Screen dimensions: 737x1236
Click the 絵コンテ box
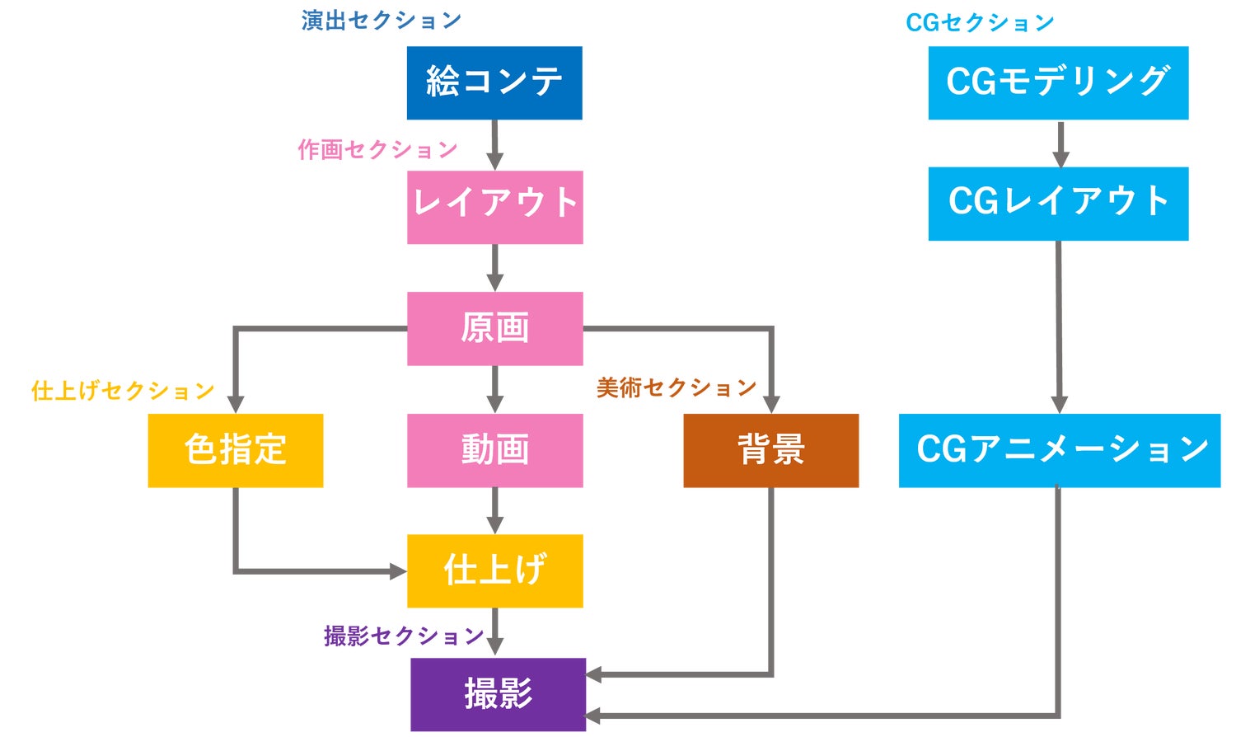coord(494,82)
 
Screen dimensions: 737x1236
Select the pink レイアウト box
coord(494,207)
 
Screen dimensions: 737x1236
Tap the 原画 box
coord(494,328)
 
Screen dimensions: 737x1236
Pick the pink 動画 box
coord(494,450)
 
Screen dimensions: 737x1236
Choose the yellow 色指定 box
coord(236,450)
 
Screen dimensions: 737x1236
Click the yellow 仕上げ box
coord(494,570)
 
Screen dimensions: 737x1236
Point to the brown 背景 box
coord(770,450)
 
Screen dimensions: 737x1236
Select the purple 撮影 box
coord(498,694)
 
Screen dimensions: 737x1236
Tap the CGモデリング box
coord(1058,82)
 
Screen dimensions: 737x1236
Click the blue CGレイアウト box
coord(1058,204)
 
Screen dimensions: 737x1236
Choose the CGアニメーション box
coord(1059,450)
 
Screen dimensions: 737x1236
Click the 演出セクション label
coord(381,21)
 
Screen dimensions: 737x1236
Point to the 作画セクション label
coord(377,149)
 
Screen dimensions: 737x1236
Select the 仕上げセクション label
coord(123,390)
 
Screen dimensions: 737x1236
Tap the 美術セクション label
coord(677,387)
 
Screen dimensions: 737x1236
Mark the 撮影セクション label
coord(404,636)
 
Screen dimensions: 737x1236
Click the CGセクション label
coord(980,22)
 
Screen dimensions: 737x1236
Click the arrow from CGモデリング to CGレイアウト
coord(1060,143)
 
